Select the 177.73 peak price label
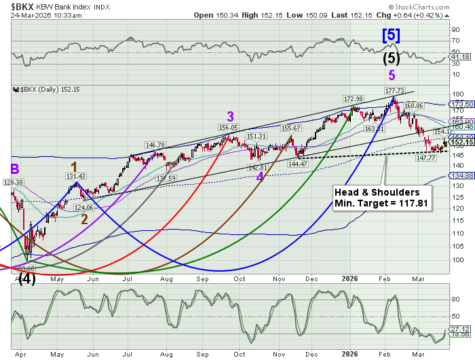tap(395, 91)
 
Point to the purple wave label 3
tap(231, 115)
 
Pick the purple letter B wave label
tap(14, 169)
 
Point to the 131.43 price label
tap(75, 176)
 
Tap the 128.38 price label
tap(13, 182)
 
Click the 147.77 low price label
tap(425, 158)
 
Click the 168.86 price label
tap(414, 106)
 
